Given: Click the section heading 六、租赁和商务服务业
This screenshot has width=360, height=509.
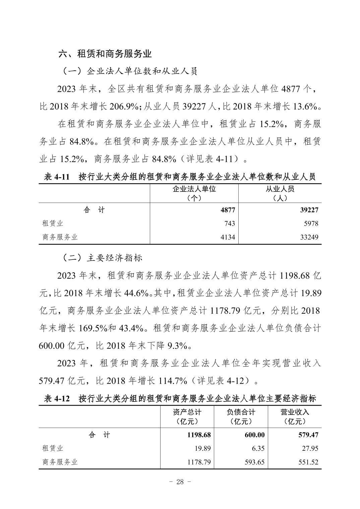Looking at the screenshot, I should pos(105,54).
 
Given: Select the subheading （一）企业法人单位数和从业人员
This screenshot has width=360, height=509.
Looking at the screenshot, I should pos(130,71).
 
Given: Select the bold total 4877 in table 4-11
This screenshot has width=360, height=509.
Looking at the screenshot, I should pos(228,210).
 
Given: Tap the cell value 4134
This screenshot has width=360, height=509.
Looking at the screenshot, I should pos(227,237).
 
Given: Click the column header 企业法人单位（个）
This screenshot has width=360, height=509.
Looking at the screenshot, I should pos(194,193).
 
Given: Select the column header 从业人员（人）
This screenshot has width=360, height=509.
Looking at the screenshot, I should pos(280,193).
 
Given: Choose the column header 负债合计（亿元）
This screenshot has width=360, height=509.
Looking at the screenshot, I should pos(241,417).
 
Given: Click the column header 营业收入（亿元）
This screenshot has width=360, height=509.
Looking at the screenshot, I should pos(295,417).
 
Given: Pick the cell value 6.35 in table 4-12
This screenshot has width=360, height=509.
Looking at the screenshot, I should pos(257,448).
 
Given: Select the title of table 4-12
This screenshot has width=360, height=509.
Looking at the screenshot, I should pos(180,398).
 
